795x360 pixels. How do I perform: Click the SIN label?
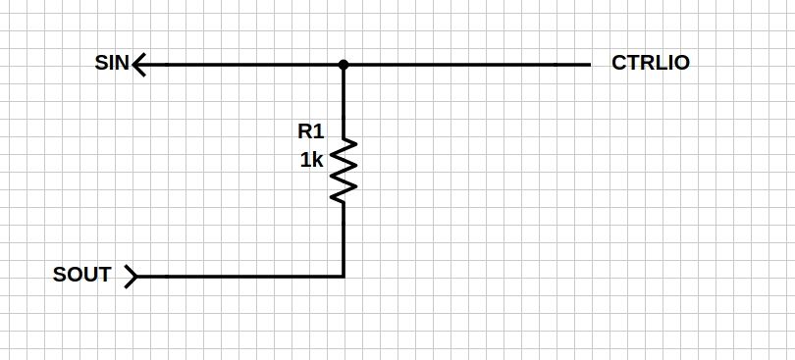[111, 65]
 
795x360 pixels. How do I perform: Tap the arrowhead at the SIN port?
[138, 65]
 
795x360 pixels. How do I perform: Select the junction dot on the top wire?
[344, 65]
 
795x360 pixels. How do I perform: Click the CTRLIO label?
[650, 64]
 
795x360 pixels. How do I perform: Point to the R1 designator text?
[310, 130]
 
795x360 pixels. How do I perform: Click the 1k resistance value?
[311, 160]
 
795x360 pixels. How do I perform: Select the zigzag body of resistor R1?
[344, 171]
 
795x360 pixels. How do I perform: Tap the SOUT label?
[81, 275]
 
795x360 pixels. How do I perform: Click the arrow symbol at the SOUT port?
[132, 276]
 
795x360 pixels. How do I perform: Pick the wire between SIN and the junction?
[240, 65]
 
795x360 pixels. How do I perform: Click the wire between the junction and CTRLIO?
[466, 65]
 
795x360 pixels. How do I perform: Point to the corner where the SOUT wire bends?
[344, 276]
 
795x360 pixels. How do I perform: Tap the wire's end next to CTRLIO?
[588, 65]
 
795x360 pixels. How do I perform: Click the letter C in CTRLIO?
[618, 64]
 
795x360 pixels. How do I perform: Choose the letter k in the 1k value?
[317, 160]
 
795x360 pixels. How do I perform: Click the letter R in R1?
[305, 130]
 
